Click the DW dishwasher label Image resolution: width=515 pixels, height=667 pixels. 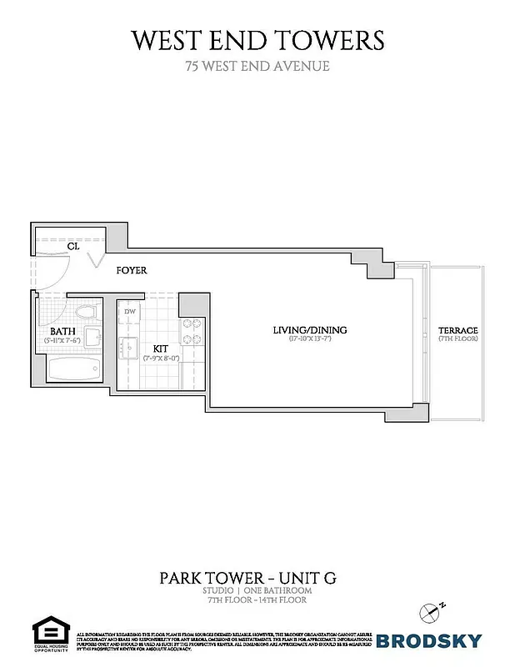pyautogui.click(x=130, y=312)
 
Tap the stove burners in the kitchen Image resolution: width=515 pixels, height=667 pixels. pyautogui.click(x=192, y=331)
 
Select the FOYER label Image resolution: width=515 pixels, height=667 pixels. pyautogui.click(x=132, y=270)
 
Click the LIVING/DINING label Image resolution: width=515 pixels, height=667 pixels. pyautogui.click(x=310, y=330)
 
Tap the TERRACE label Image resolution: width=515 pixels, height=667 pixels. pyautogui.click(x=458, y=331)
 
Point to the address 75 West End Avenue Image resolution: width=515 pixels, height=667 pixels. pyautogui.click(x=257, y=66)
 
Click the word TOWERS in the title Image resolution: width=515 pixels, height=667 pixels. pyautogui.click(x=334, y=39)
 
